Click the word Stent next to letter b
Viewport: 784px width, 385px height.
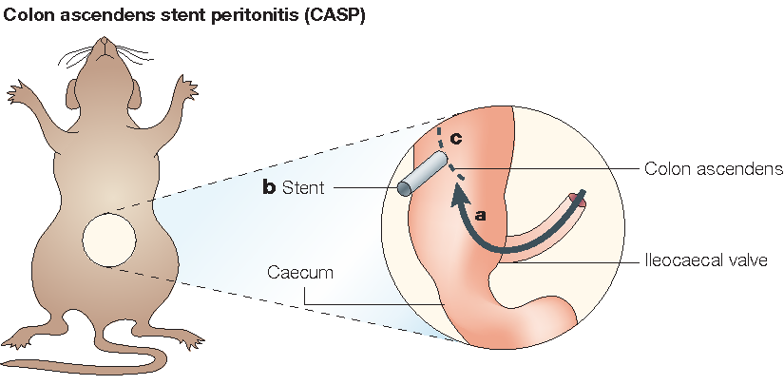(303, 188)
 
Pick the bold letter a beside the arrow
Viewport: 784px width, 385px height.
(481, 216)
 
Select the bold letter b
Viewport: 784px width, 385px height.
(270, 188)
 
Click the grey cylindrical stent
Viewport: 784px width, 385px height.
(423, 174)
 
